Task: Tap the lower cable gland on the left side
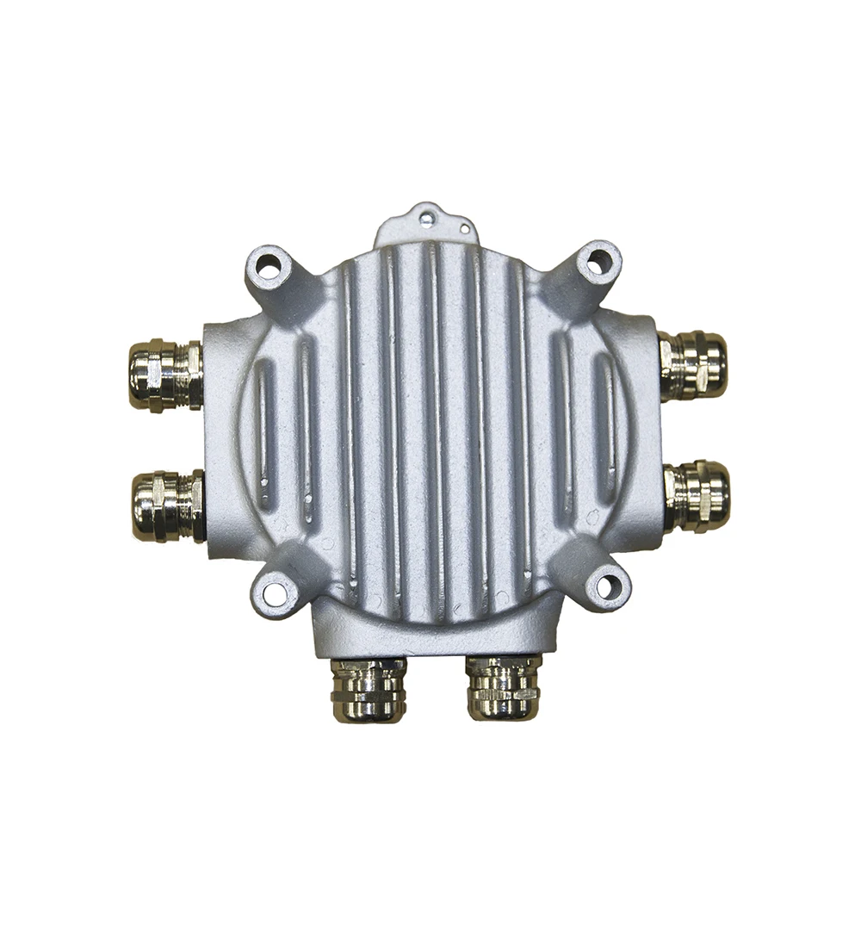pos(167,505)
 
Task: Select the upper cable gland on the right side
pos(694,366)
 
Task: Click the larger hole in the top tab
pos(426,220)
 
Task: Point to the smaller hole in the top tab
pos(464,229)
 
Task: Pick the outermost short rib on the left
pos(263,431)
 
